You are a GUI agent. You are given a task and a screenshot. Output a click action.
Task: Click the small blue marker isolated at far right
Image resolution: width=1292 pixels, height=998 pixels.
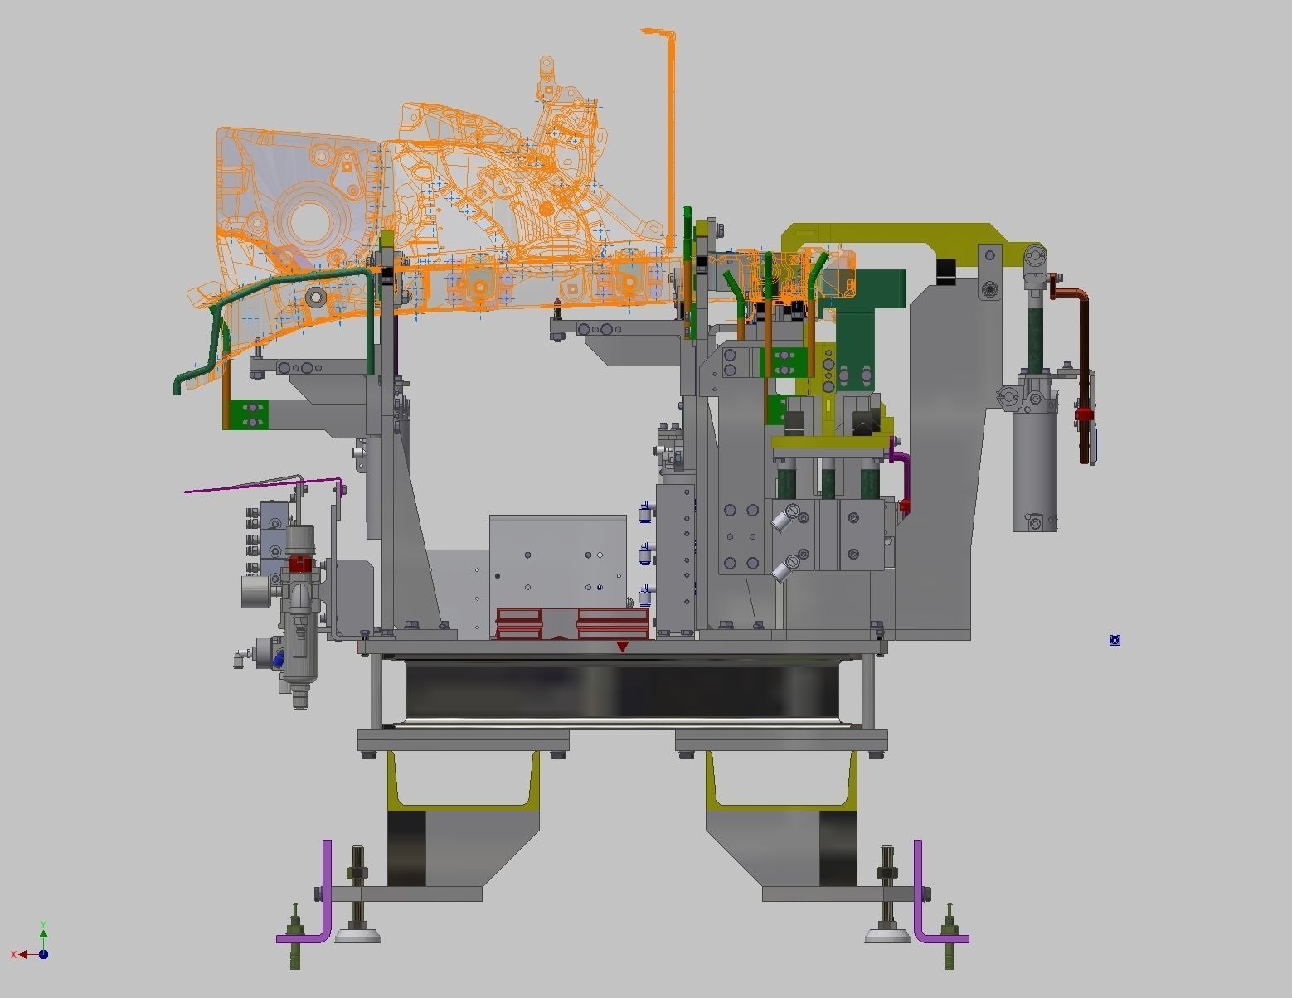click(1115, 640)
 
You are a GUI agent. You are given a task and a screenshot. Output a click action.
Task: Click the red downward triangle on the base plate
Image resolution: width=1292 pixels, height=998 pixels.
click(622, 647)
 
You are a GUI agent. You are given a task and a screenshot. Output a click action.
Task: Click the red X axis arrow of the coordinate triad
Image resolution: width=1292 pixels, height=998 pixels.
click(20, 954)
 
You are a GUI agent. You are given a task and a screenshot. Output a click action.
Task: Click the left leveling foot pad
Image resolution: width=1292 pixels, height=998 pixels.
click(357, 936)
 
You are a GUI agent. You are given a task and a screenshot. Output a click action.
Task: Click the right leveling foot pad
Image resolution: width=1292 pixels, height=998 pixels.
click(887, 936)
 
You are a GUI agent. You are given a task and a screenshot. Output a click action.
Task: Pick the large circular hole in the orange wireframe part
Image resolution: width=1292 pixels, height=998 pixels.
click(309, 217)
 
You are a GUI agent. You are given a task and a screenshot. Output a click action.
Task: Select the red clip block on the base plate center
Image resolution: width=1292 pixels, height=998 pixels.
click(572, 623)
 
